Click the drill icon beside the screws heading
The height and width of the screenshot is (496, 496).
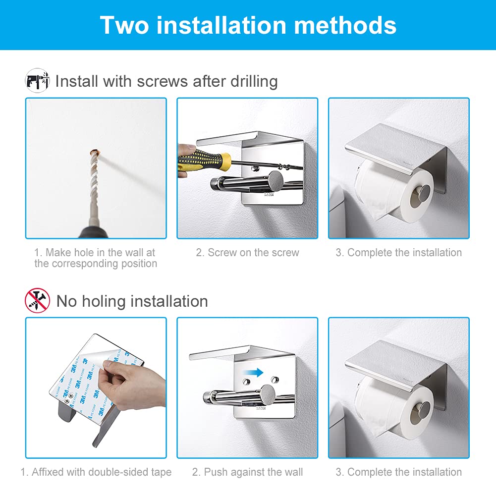[x=37, y=80]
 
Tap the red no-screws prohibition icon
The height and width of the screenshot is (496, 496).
[x=37, y=300]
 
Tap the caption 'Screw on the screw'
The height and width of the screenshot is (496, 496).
[x=247, y=252]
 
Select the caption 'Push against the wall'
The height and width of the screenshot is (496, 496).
[x=247, y=472]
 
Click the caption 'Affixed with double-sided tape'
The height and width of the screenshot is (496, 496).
[x=96, y=472]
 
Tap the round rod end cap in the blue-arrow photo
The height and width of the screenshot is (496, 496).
[x=267, y=393]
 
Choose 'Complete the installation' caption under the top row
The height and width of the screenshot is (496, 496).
[x=398, y=252]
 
